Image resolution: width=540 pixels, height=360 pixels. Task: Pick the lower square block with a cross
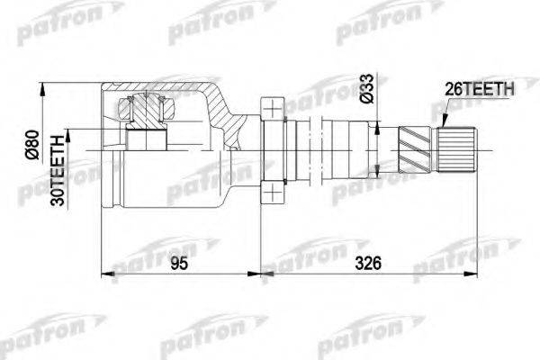pyautogui.click(x=271, y=191)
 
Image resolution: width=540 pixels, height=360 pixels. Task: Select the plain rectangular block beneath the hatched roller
pyautogui.click(x=146, y=141)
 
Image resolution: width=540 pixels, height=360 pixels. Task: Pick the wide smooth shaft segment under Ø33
pyautogui.click(x=346, y=148)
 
